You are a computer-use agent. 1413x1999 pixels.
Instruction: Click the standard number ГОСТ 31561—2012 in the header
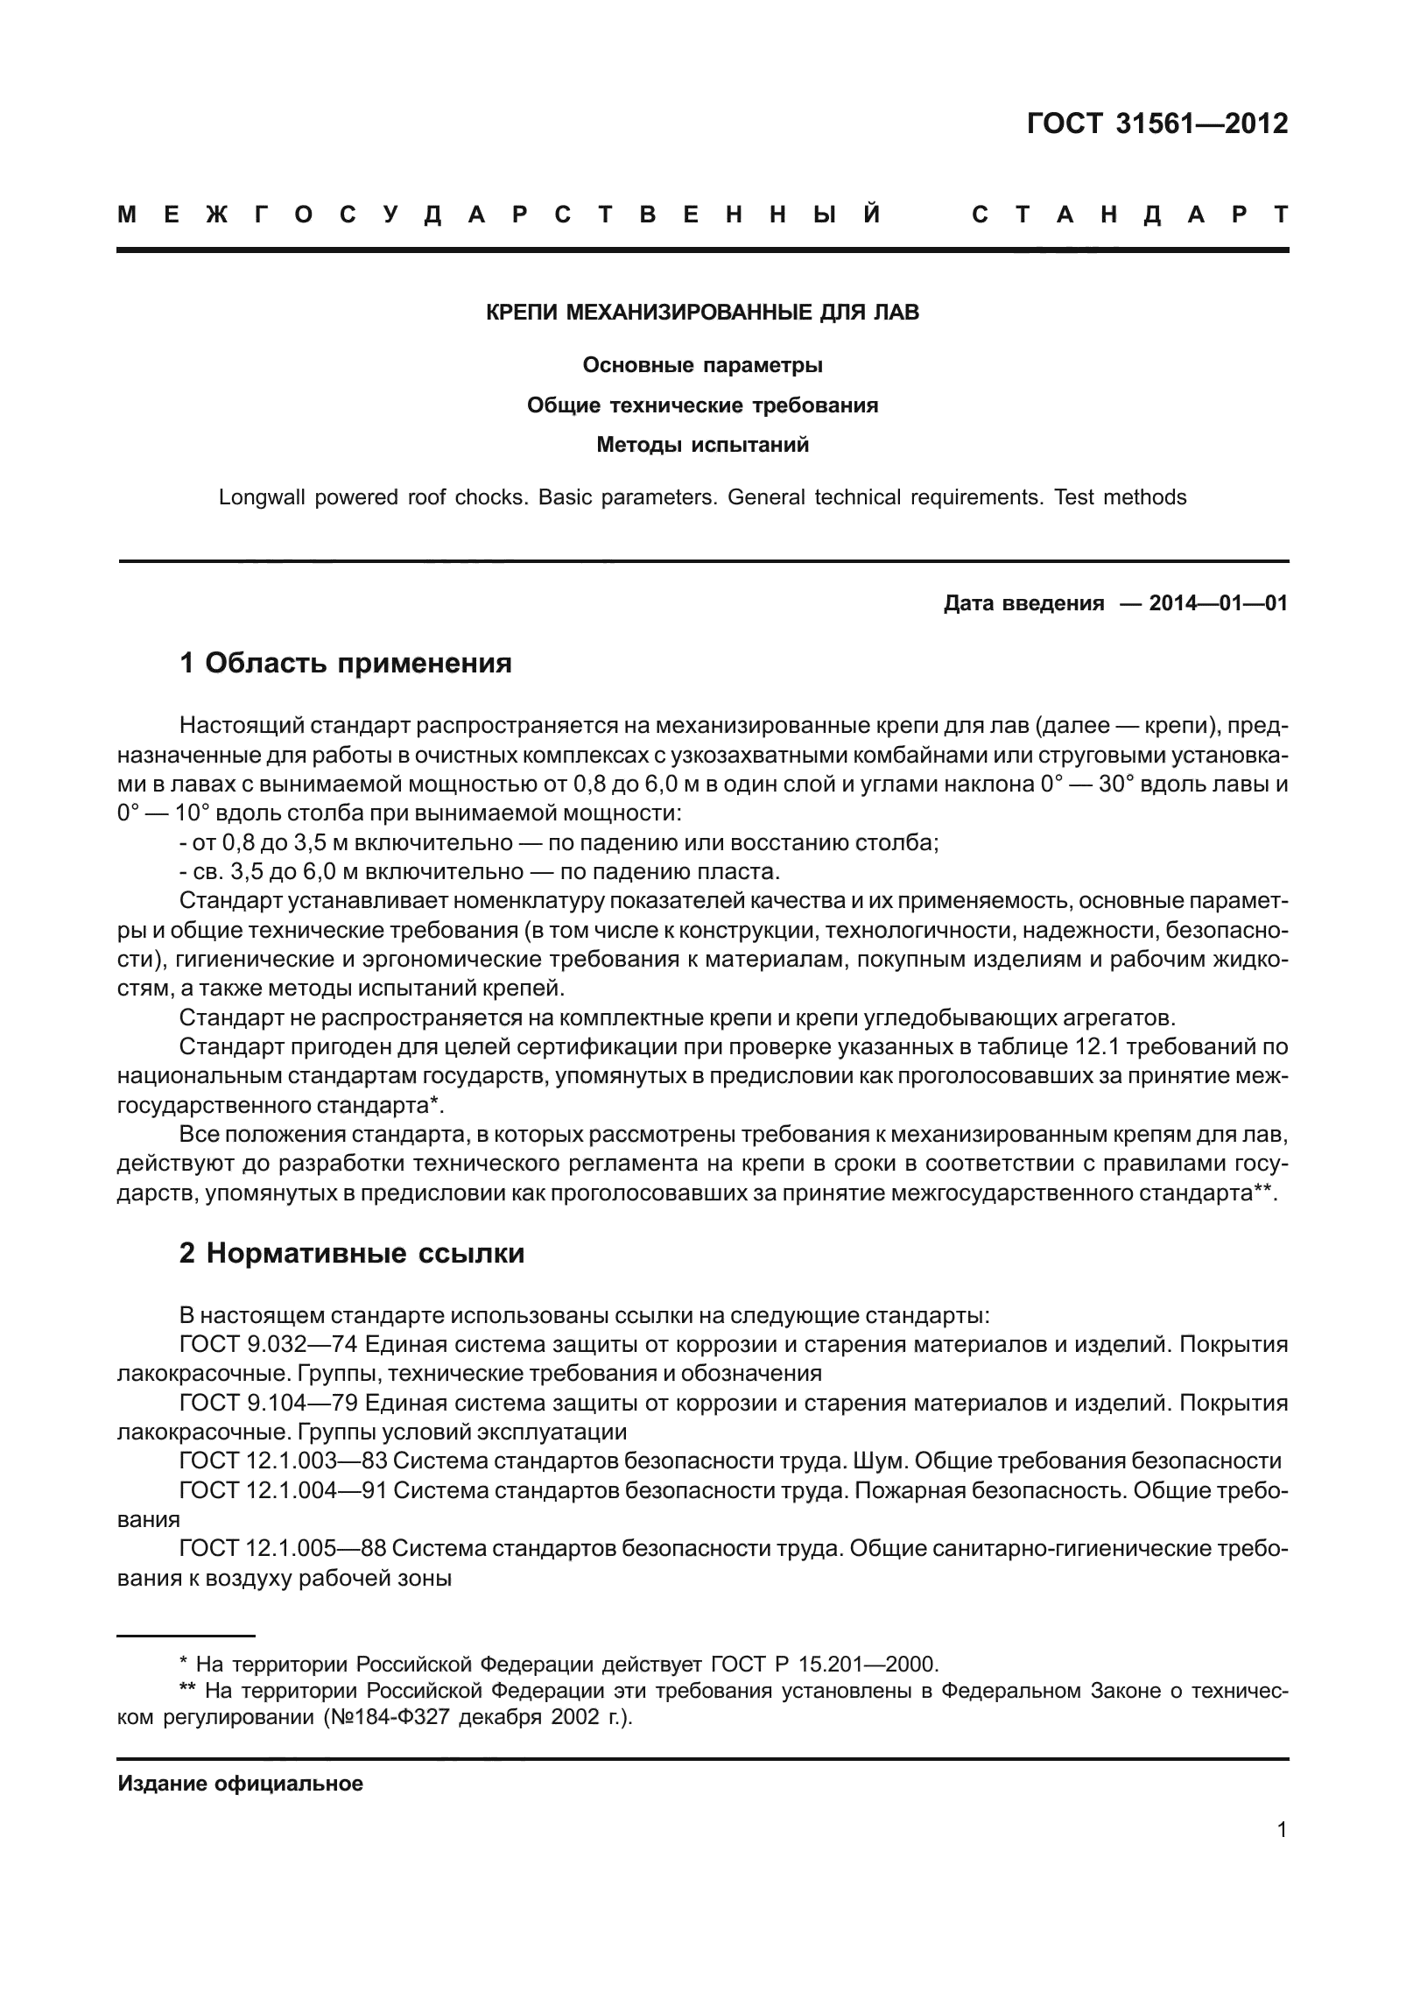pyautogui.click(x=1157, y=124)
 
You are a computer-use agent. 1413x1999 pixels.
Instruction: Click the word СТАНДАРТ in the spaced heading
pyautogui.click(x=1129, y=215)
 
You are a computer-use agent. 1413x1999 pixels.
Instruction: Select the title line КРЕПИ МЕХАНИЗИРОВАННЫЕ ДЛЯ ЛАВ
pyautogui.click(x=702, y=313)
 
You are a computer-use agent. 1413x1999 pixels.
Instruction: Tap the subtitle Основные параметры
pyautogui.click(x=702, y=365)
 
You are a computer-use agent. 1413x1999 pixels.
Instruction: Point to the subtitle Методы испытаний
pyautogui.click(x=702, y=445)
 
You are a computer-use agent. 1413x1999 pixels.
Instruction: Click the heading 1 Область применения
pyautogui.click(x=345, y=663)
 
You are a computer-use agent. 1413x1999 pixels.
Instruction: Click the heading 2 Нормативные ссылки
pyautogui.click(x=351, y=1253)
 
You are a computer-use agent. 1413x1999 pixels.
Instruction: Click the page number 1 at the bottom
pyautogui.click(x=1282, y=1854)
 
